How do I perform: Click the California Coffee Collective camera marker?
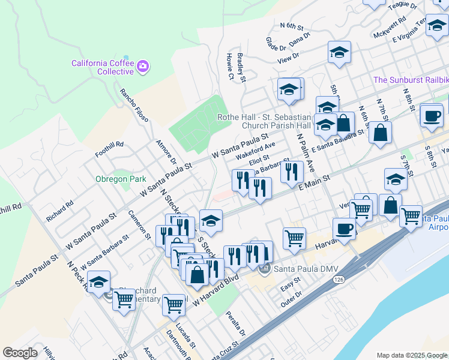[143, 66]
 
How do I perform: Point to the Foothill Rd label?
[111, 145]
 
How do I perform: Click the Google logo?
[20, 353]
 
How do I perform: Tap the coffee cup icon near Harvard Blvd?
[344, 230]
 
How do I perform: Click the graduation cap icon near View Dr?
[339, 52]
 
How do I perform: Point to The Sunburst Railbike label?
[411, 80]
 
